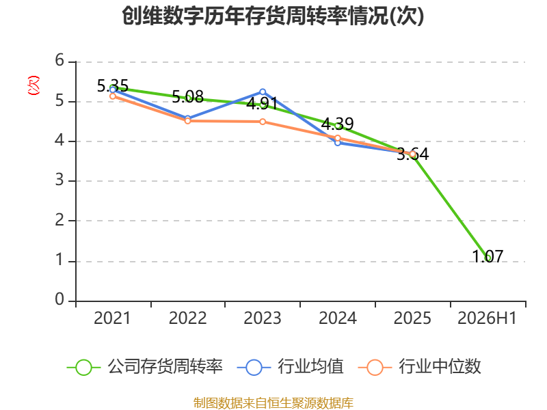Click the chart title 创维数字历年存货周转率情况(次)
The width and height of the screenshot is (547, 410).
(273, 16)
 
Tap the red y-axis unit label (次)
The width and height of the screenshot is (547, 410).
(34, 85)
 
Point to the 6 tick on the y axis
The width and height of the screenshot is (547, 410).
(59, 61)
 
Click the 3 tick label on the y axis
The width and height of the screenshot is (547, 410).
(59, 180)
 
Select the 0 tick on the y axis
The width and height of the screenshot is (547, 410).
(59, 299)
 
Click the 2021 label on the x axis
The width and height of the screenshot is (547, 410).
(112, 318)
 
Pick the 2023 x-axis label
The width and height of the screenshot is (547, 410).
(263, 318)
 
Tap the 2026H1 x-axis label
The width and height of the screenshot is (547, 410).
(487, 318)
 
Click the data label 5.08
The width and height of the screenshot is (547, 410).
(187, 96)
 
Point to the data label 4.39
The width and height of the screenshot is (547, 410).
(337, 124)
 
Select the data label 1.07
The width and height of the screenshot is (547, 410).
(488, 257)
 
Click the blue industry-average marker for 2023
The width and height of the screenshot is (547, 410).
(263, 92)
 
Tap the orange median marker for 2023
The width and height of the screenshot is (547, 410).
(263, 122)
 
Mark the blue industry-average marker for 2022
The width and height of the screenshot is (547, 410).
(187, 118)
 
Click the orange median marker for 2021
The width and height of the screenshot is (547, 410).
(113, 96)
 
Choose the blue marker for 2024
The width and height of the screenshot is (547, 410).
(338, 143)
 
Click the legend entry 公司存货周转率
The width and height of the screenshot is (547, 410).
(144, 367)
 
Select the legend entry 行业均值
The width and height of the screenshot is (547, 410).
(290, 367)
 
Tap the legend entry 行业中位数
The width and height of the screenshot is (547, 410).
(420, 367)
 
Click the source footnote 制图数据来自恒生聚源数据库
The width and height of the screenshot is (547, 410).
(273, 403)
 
